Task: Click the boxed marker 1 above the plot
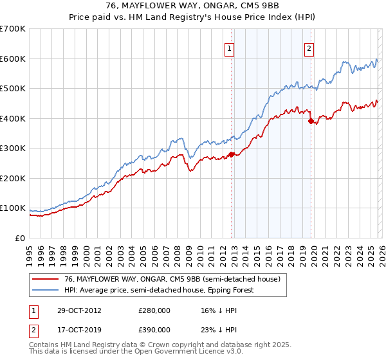(x=229, y=47)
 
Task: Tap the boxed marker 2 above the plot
(x=309, y=47)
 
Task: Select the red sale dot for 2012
(x=231, y=154)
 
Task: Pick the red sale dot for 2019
(x=311, y=121)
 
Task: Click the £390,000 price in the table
(x=154, y=329)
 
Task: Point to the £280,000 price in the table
(x=154, y=310)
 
